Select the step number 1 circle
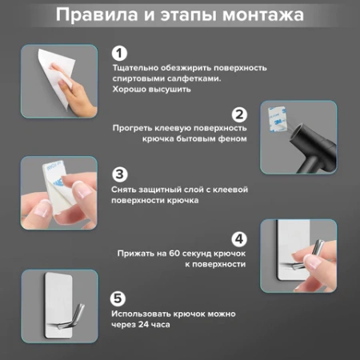tap(118, 54)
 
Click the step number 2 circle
tap(239, 114)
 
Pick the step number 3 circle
tap(118, 174)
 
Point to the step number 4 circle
tap(239, 238)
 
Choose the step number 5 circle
tap(118, 298)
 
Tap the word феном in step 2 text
tap(231, 139)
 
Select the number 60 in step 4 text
tap(175, 254)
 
